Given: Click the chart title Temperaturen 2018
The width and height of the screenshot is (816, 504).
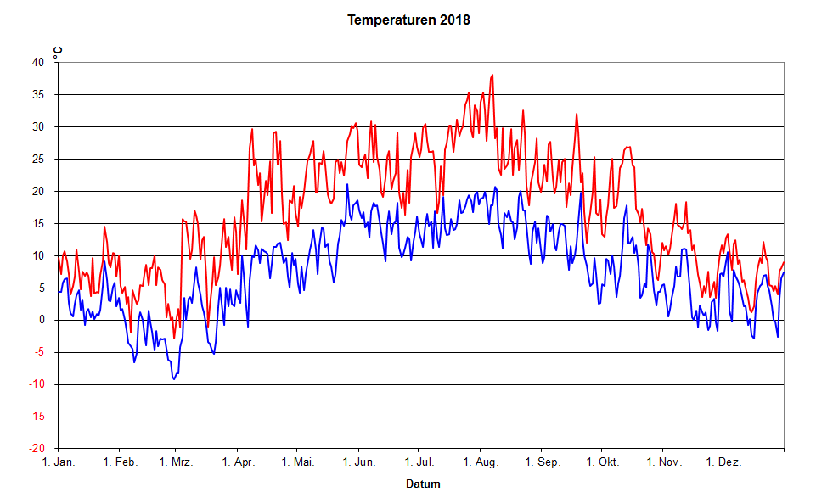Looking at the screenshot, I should (x=408, y=19).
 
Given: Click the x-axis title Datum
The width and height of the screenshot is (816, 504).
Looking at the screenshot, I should (x=423, y=484).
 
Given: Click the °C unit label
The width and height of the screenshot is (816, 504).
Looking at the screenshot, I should (x=58, y=52).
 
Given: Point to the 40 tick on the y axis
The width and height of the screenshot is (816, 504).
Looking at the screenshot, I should (x=37, y=62).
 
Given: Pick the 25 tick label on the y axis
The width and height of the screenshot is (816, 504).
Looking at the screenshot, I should (x=37, y=159).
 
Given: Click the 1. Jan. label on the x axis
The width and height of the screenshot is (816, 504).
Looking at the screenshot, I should (x=59, y=462).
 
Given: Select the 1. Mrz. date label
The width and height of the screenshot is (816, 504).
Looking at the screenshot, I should (x=176, y=462).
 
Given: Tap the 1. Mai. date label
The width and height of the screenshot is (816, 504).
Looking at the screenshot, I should (x=297, y=462).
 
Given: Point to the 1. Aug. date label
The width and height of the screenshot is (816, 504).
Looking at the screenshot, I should (x=481, y=462).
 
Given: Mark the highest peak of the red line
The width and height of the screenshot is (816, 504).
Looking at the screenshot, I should (x=492, y=75).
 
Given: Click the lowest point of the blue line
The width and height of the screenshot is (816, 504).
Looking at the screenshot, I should (x=174, y=378).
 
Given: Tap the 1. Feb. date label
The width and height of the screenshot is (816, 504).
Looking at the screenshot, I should (x=120, y=462).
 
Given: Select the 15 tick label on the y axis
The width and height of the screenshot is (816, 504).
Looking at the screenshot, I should (x=37, y=223).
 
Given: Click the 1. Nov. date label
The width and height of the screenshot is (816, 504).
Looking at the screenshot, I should (x=664, y=462).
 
